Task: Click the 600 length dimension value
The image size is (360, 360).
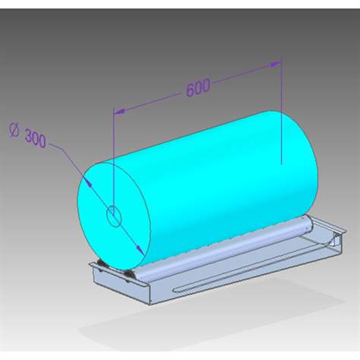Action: (197, 88)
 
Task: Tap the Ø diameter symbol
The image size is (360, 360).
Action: (14, 130)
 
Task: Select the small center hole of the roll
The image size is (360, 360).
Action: (113, 217)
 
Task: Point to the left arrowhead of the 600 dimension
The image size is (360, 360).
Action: (117, 112)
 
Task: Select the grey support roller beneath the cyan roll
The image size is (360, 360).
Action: (228, 244)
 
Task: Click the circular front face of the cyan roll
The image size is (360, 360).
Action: (114, 209)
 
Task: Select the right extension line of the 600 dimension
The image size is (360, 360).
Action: (282, 114)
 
